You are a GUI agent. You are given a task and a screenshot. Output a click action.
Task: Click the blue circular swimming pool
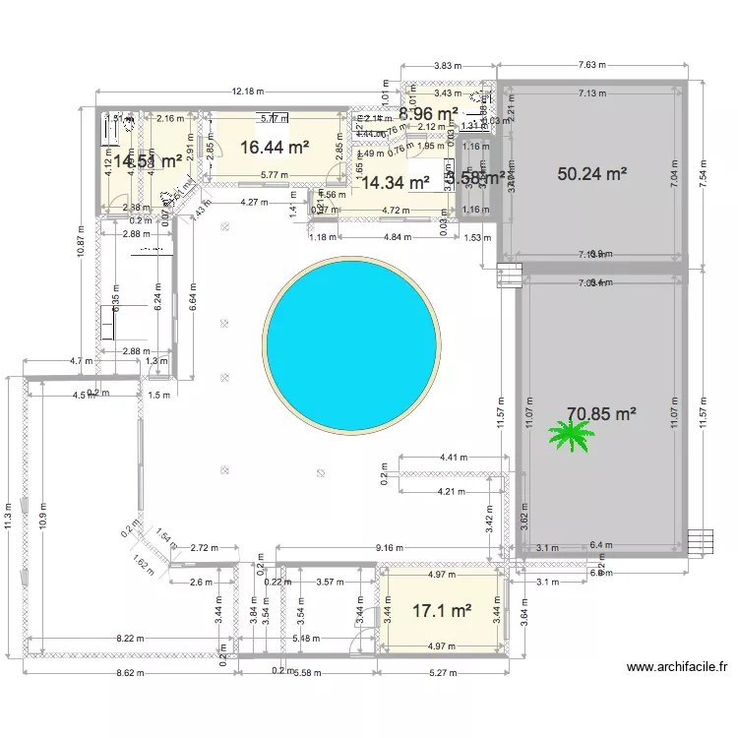click(x=352, y=345)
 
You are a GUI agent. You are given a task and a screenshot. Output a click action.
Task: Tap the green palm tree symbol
click(x=572, y=434)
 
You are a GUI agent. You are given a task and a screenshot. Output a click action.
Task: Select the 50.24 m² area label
click(x=592, y=174)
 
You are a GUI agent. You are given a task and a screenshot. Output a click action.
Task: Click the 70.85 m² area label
click(x=601, y=414)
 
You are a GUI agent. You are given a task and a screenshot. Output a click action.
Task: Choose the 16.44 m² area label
click(x=275, y=147)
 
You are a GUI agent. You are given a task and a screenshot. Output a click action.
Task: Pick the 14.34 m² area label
click(x=396, y=182)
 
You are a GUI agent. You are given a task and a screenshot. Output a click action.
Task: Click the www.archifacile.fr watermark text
click(x=679, y=667)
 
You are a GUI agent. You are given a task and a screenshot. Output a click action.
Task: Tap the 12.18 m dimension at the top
click(x=248, y=92)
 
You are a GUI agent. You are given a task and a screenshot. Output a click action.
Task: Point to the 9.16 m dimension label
click(x=391, y=548)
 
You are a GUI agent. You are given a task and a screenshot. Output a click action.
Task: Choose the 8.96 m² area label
click(x=427, y=114)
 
